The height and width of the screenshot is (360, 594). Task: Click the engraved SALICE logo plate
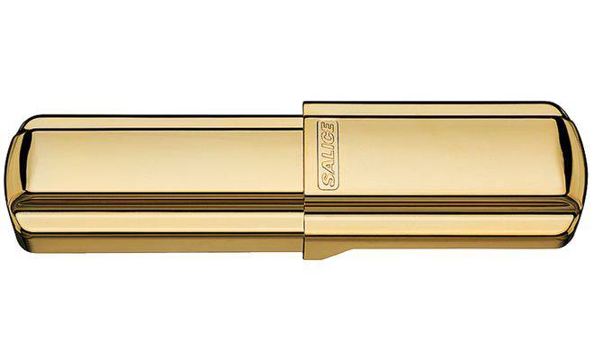328,156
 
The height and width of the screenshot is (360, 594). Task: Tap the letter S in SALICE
328,181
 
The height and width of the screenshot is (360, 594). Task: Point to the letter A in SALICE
328,168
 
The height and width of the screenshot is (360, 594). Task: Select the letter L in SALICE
328,157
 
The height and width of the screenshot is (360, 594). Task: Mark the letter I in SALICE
328,149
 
